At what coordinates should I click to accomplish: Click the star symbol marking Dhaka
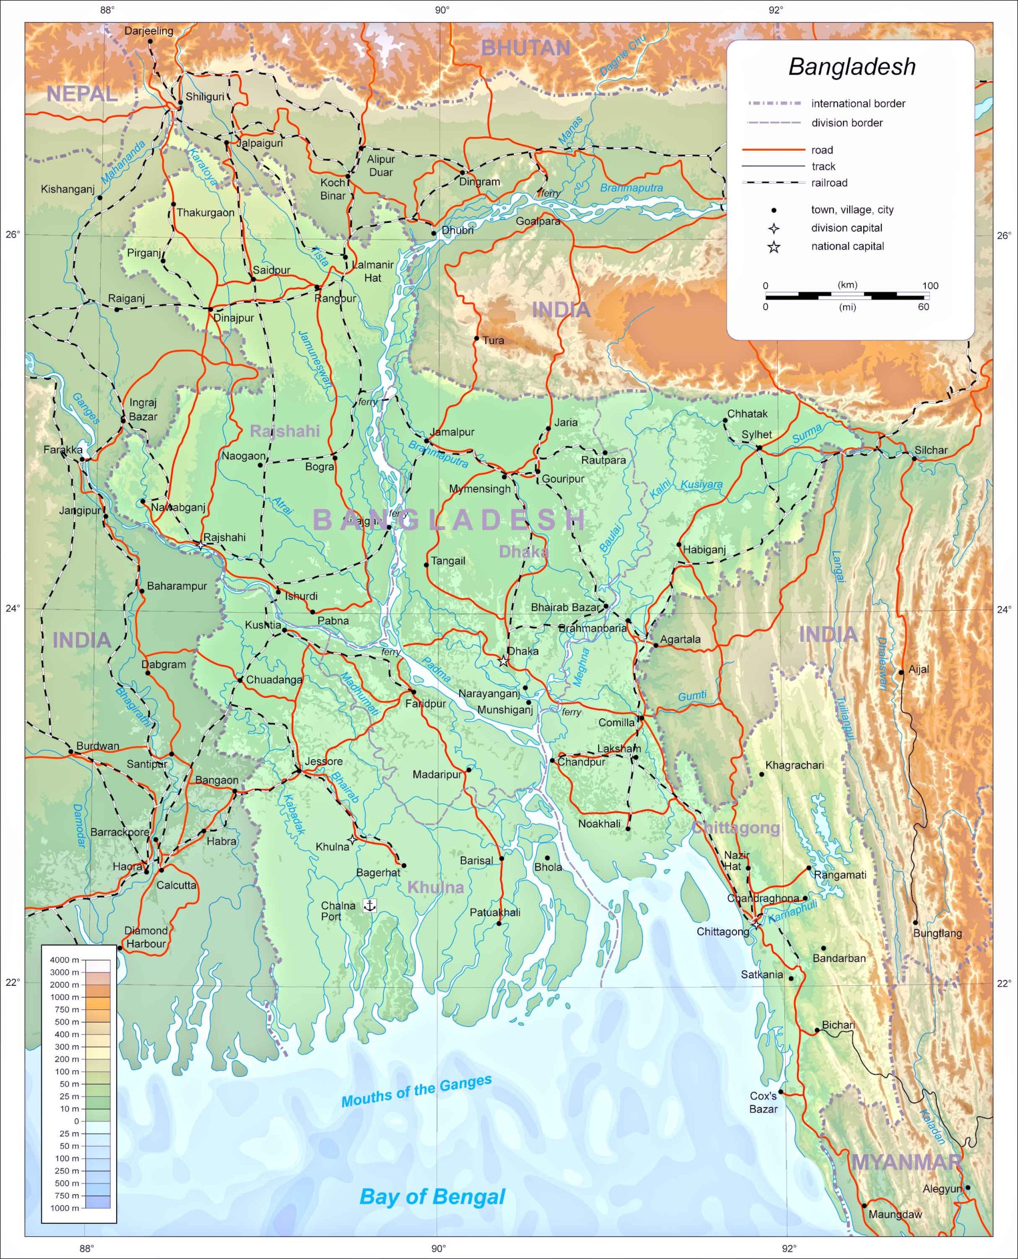503,661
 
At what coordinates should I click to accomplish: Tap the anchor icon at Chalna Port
370,905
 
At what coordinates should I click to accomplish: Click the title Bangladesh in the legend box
852,66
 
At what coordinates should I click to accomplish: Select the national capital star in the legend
774,247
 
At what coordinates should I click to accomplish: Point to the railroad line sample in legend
774,183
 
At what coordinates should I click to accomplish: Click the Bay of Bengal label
432,1196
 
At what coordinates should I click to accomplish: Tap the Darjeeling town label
148,31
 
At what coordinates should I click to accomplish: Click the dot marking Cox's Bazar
780,1092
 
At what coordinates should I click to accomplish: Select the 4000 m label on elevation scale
65,960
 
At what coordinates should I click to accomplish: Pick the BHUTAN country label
525,48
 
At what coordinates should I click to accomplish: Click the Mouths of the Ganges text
416,1091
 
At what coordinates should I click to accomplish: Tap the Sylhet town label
757,434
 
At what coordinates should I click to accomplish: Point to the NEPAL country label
82,94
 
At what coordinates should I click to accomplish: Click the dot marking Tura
477,338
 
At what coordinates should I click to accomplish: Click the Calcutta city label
176,885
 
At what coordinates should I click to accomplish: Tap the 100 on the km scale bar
930,286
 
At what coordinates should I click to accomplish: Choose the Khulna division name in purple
435,887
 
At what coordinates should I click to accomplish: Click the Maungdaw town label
895,1214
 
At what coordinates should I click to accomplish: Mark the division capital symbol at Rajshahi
201,545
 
